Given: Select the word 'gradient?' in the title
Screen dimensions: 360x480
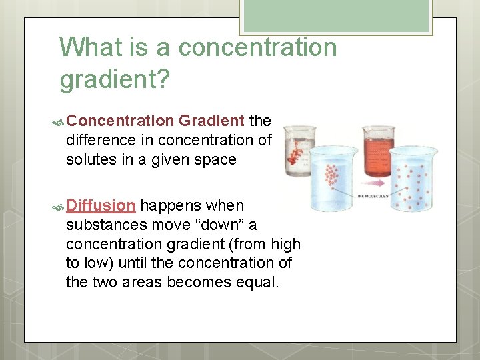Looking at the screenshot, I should click(x=115, y=79).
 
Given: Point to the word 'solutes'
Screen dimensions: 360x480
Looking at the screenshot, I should click(x=89, y=159).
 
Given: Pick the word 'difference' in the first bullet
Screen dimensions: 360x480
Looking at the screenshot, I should click(x=99, y=140).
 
